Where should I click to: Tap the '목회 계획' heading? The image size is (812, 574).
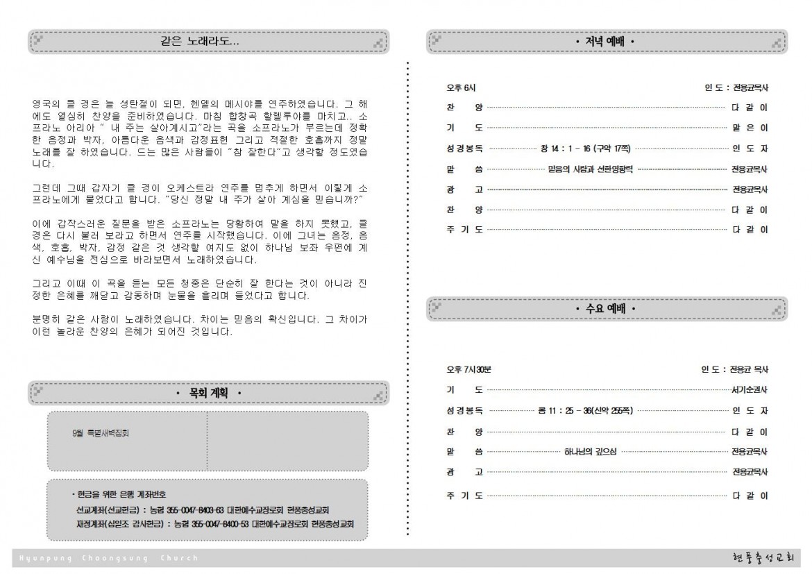click(x=208, y=394)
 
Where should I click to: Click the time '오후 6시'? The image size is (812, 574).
click(x=462, y=88)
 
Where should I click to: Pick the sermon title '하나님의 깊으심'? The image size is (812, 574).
click(x=590, y=452)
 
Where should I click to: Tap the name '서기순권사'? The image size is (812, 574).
click(x=750, y=390)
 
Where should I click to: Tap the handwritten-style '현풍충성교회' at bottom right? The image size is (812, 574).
click(x=765, y=558)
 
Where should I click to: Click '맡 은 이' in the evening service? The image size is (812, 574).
click(x=750, y=128)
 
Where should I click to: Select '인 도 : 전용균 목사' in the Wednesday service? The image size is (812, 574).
click(x=734, y=369)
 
